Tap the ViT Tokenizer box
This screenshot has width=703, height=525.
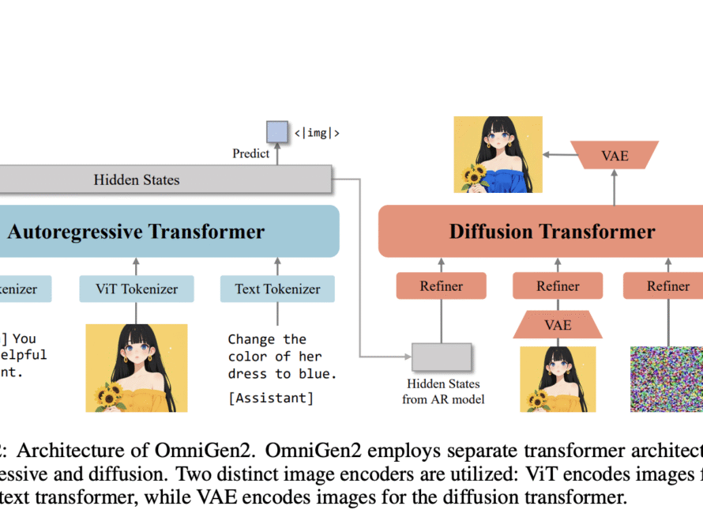(x=136, y=289)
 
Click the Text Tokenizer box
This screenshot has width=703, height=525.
(x=276, y=289)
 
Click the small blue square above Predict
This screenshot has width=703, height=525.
(x=276, y=131)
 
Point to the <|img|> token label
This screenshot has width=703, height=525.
(x=317, y=133)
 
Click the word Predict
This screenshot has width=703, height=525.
(x=250, y=153)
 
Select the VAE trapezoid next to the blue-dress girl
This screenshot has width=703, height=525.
(x=615, y=155)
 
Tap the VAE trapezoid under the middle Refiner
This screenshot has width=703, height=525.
(x=558, y=324)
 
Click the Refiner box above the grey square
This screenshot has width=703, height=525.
(x=441, y=286)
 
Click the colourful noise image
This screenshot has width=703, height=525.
(x=666, y=379)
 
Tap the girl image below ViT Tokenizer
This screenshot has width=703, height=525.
(x=137, y=368)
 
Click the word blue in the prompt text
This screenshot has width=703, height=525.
(x=321, y=373)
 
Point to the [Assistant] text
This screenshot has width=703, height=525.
(x=270, y=398)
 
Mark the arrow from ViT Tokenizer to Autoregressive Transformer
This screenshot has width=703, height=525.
(x=136, y=266)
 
